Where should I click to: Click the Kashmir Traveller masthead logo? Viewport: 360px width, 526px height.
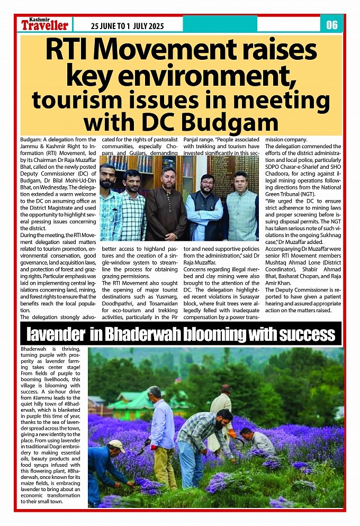pyautogui.click(x=45, y=24)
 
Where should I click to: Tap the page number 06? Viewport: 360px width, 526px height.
pyautogui.click(x=332, y=25)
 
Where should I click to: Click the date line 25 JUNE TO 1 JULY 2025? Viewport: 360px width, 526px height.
pyautogui.click(x=127, y=26)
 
